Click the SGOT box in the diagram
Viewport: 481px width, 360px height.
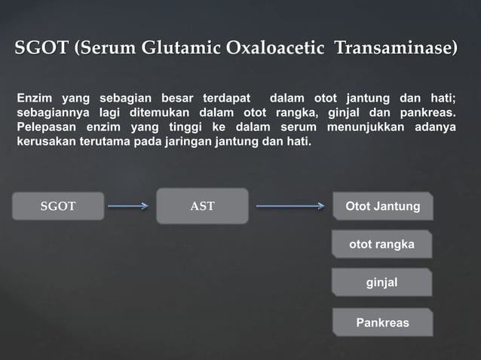[58, 206]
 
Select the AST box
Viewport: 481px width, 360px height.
[202, 206]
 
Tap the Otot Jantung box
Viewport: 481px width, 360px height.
[382, 206]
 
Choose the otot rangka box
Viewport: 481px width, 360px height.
[381, 244]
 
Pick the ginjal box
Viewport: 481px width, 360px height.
[381, 282]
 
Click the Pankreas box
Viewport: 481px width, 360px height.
[382, 322]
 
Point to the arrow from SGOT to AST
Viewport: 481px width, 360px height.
[127, 205]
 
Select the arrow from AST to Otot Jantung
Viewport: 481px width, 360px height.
[290, 205]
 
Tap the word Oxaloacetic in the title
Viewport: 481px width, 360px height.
[275, 50]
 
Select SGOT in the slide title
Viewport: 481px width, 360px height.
[42, 50]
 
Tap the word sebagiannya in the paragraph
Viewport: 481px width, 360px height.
[51, 112]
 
